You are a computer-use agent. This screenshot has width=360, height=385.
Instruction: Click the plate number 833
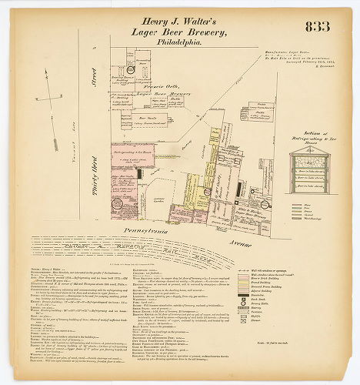[x=316, y=27]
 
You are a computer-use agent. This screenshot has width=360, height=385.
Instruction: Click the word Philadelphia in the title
[x=180, y=43]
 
